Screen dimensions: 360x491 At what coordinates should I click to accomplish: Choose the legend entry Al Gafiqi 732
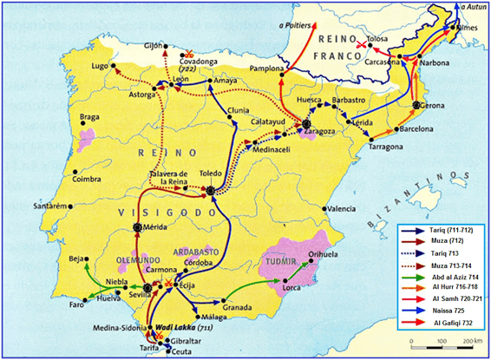coord(452,322)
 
